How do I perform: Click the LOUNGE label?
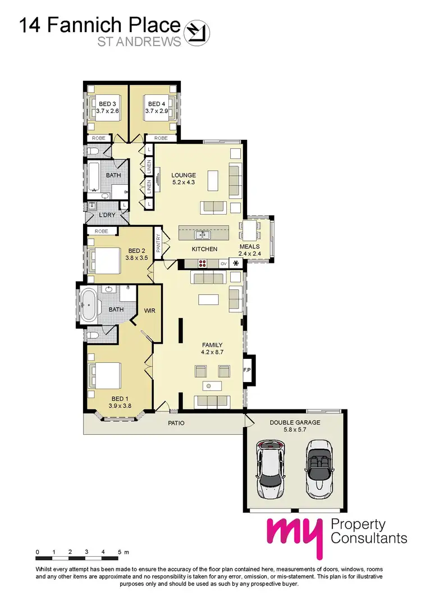point(182,175)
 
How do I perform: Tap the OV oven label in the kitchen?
point(222,263)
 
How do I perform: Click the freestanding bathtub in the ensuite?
point(89,305)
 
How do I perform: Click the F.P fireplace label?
point(247,370)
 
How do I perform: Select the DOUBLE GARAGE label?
point(295,422)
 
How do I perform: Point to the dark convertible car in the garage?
point(318,466)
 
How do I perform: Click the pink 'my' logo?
point(295,534)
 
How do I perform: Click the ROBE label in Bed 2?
point(102,231)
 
